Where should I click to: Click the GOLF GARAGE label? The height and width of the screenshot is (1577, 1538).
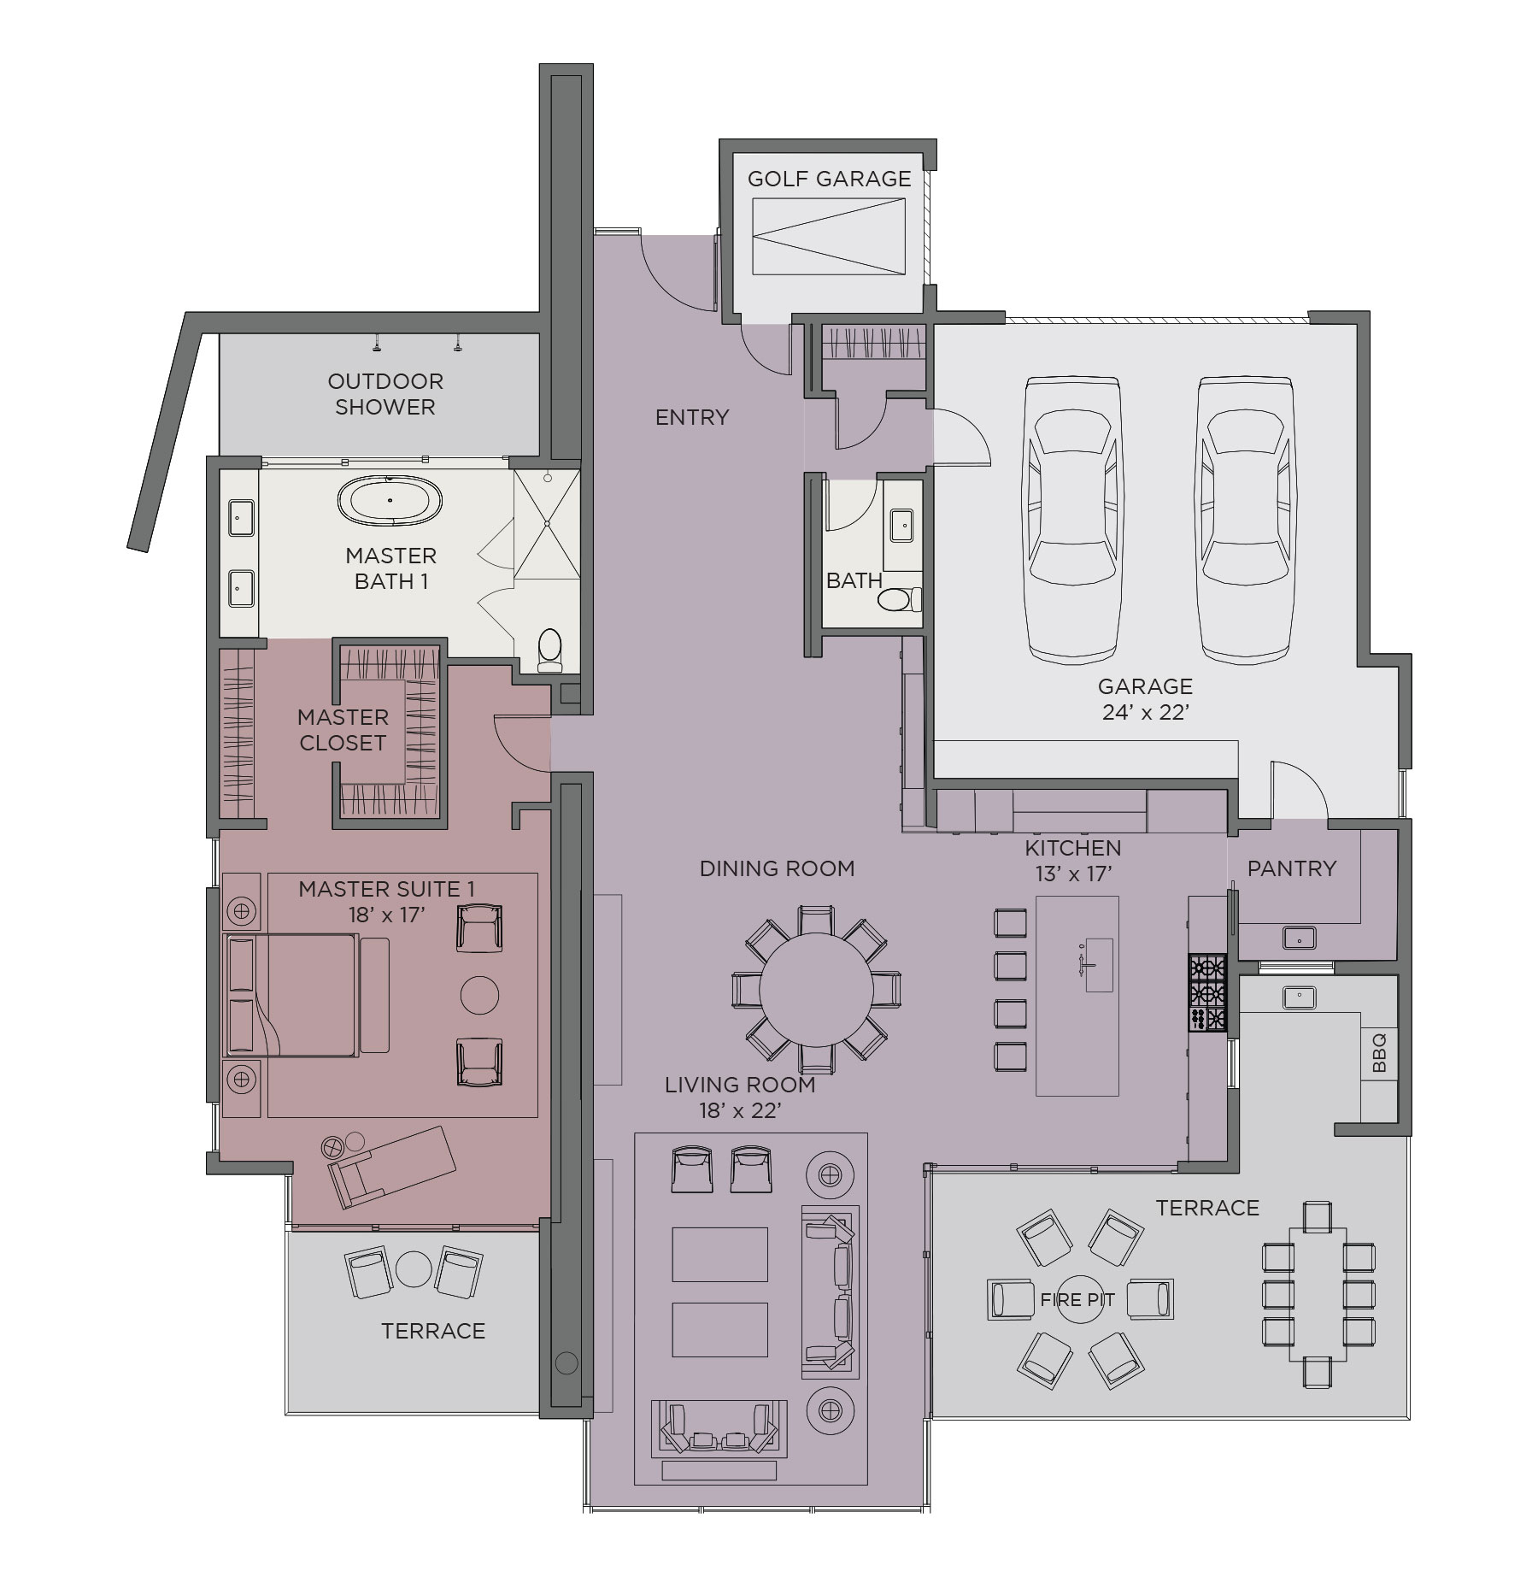click(829, 179)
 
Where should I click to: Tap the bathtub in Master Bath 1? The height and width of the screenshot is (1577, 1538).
click(390, 500)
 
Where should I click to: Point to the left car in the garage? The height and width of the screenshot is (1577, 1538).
click(1072, 519)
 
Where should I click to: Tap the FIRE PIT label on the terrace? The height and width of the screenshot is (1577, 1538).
click(1077, 1300)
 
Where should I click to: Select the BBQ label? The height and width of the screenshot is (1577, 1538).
click(1379, 1053)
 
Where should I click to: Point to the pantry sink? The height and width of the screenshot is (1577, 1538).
click(1299, 938)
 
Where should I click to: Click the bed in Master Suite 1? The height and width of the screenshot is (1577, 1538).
click(291, 995)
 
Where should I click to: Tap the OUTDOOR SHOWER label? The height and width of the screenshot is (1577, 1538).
click(385, 394)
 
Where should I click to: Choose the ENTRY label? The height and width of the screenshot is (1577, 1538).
click(692, 417)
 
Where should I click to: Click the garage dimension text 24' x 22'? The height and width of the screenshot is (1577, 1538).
click(1146, 712)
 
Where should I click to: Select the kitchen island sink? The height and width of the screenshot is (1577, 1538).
click(1099, 964)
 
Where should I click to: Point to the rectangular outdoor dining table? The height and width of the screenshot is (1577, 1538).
click(1318, 1294)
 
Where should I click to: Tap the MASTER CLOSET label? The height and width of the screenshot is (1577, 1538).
click(343, 730)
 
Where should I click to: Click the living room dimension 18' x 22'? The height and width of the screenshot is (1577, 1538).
click(740, 1110)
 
